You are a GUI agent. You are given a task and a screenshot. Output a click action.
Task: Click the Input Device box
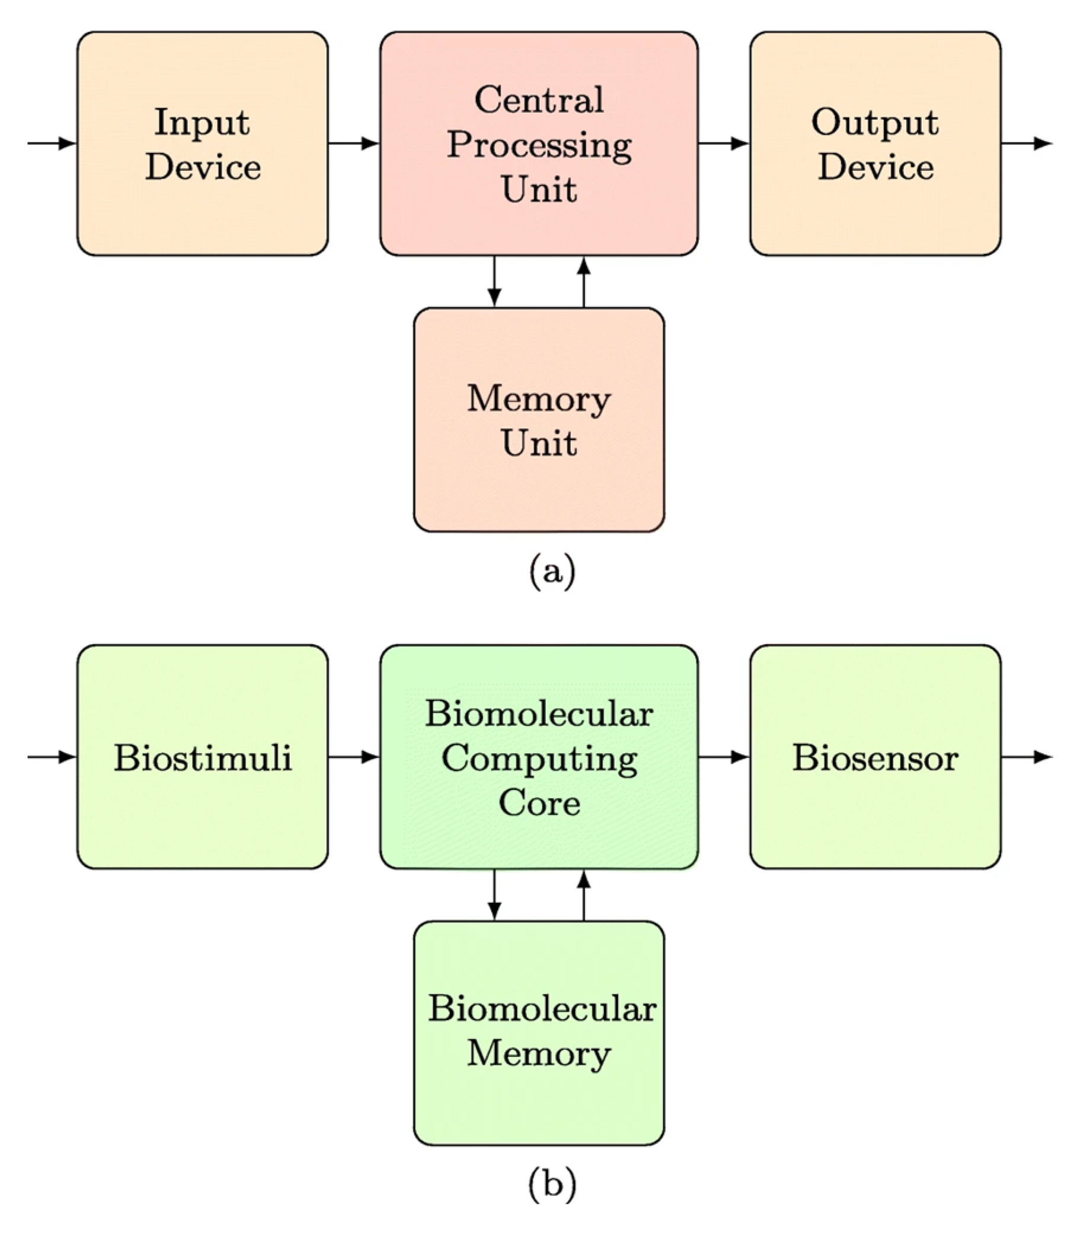coord(203,144)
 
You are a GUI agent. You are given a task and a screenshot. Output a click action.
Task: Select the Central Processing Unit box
coord(539,144)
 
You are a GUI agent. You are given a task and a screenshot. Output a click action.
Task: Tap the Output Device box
coord(875,144)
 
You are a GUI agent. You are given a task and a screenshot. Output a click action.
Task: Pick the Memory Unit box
coord(539,420)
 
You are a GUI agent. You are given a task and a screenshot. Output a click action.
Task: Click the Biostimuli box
coord(203,757)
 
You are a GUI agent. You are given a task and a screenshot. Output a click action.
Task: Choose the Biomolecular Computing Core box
coord(539,757)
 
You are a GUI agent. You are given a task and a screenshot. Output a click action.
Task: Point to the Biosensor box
coord(875,757)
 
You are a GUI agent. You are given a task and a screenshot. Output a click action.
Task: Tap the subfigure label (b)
coord(551,1184)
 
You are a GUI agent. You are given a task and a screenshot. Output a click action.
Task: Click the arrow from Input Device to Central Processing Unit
coord(354,144)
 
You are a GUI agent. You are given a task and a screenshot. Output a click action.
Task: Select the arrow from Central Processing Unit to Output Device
coord(724,144)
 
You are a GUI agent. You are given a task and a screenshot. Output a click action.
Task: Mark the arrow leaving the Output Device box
coord(1027,144)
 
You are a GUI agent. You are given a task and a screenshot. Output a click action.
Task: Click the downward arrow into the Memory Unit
coord(494,282)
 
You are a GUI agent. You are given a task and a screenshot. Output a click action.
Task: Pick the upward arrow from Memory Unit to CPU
coord(583,282)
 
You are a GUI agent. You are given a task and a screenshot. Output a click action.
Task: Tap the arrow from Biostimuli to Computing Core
coord(354,757)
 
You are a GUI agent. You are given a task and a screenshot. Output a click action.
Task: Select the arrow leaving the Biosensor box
coord(1027,757)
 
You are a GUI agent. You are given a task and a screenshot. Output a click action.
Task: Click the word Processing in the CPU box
coord(539,145)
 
